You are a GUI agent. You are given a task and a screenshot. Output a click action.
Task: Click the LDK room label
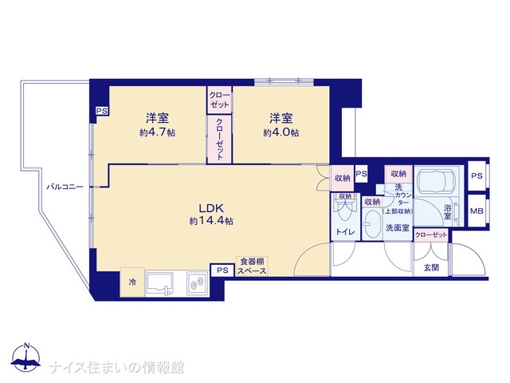pyautogui.click(x=210, y=207)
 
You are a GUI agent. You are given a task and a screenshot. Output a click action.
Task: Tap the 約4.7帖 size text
pyautogui.click(x=157, y=133)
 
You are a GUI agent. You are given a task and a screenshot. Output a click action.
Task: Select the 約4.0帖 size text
pyautogui.click(x=281, y=133)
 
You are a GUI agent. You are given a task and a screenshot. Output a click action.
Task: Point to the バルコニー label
pyautogui.click(x=65, y=187)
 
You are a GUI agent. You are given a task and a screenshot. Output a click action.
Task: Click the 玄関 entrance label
pyautogui.click(x=431, y=268)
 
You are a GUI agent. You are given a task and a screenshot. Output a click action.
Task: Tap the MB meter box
pyautogui.click(x=477, y=211)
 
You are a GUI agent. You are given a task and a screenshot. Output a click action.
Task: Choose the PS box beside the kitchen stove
pyautogui.click(x=222, y=270)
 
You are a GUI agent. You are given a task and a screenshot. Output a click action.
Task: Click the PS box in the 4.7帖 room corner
pyautogui.click(x=102, y=111)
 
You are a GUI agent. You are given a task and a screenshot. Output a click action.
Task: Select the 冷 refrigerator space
pyautogui.click(x=132, y=282)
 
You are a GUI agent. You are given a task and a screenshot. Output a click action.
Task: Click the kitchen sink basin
pyautogui.click(x=159, y=284)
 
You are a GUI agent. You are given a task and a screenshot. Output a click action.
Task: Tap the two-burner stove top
pyautogui.click(x=197, y=284)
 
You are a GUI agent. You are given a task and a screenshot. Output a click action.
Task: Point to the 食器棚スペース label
pyautogui.click(x=252, y=266)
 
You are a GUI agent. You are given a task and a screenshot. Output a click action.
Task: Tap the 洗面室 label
pyautogui.click(x=398, y=228)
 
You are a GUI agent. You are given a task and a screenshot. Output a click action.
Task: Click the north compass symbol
pyautogui.click(x=26, y=357)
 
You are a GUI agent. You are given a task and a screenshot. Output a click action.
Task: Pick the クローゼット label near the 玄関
pyautogui.click(x=431, y=235)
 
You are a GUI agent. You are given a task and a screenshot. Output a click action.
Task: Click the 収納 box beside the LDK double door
pyautogui.click(x=342, y=178)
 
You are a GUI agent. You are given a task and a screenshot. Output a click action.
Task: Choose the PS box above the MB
pyautogui.click(x=477, y=176)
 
